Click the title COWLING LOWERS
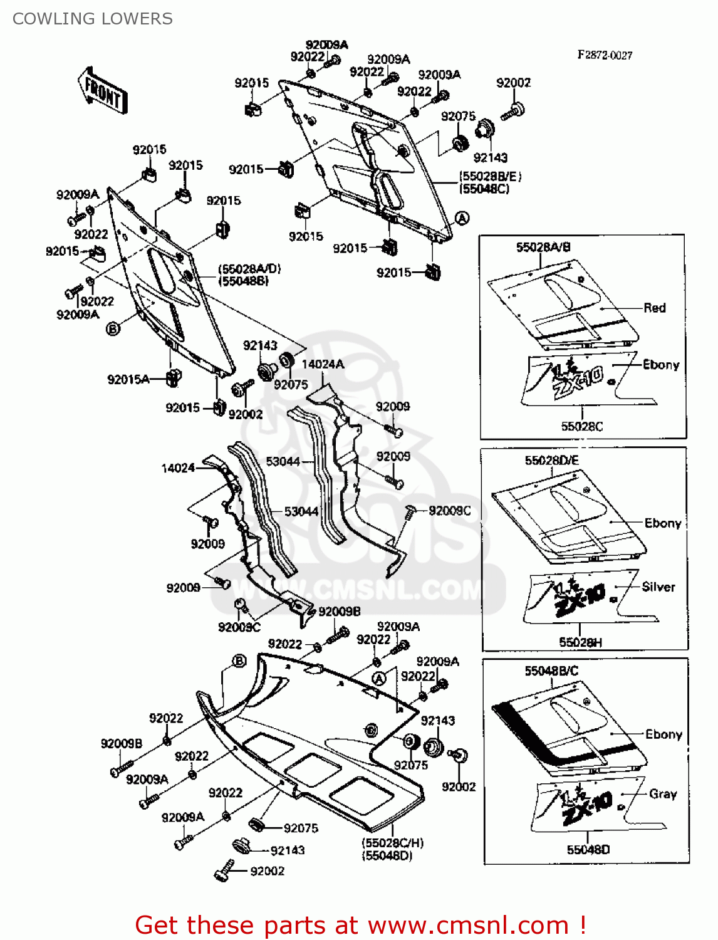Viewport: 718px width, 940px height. tap(93, 19)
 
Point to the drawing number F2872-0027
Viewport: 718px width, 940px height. tap(605, 55)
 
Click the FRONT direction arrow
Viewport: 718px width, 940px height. tap(103, 91)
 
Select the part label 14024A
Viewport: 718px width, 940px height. tap(323, 364)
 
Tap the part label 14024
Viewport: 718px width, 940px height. tap(178, 467)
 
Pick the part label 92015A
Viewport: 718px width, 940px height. tap(128, 379)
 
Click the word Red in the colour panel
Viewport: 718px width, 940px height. tap(654, 308)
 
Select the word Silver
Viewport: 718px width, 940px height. tap(658, 587)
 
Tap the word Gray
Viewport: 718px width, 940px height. tap(663, 794)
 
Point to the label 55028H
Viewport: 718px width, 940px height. tap(580, 642)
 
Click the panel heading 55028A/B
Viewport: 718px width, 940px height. tap(543, 247)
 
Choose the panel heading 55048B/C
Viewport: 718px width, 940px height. tap(551, 671)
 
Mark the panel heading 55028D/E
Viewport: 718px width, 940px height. tap(551, 461)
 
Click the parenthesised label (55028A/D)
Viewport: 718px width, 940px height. tap(249, 269)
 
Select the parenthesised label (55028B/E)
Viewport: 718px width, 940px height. tap(490, 176)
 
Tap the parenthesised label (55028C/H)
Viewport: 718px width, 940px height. tap(392, 843)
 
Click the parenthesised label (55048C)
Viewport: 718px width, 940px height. tap(484, 189)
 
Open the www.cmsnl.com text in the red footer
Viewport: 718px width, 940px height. tap(468, 925)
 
